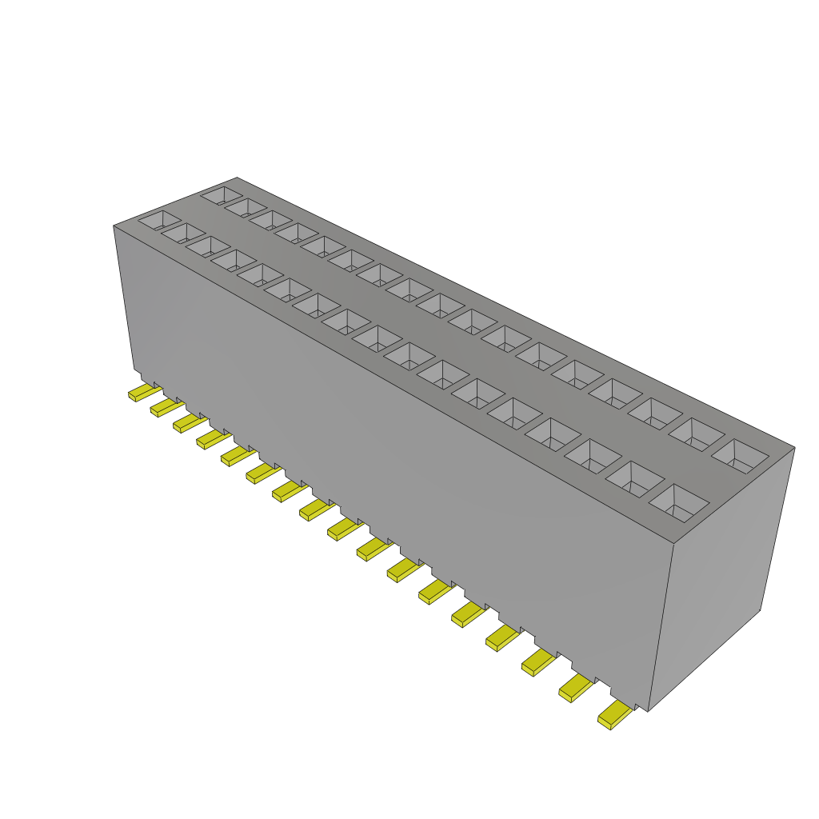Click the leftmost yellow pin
pyautogui.click(x=142, y=393)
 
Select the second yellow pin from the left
pyautogui.click(x=164, y=408)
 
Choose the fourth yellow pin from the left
pyautogui.click(x=210, y=438)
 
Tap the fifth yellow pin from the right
pyautogui.click(x=466, y=614)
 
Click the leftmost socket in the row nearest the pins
pyautogui.click(x=160, y=218)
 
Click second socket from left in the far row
pyautogui.click(x=246, y=206)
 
